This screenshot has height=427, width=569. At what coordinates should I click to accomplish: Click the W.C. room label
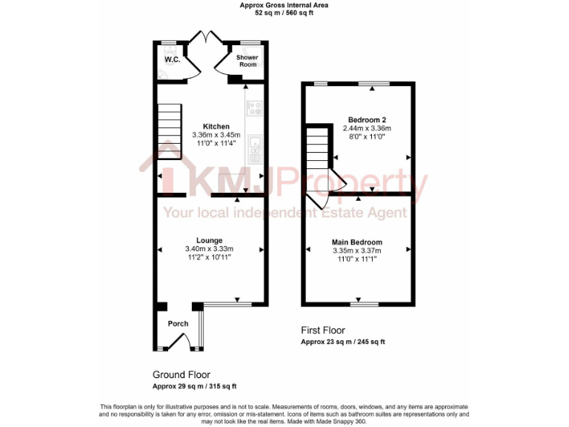[x=172, y=59]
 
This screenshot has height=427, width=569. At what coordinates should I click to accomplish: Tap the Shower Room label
[x=247, y=61]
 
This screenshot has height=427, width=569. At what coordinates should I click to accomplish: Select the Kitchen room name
[x=216, y=127]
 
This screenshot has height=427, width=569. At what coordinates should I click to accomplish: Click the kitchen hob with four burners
[x=254, y=108]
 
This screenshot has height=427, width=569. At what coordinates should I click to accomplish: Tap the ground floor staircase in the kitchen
[x=169, y=130]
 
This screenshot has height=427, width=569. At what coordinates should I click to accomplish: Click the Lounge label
[x=209, y=240]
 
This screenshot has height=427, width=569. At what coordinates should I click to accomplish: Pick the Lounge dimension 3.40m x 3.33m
[x=209, y=248]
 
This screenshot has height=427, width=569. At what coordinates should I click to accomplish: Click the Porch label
[x=178, y=324]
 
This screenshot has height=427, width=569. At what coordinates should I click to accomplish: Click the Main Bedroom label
[x=357, y=242]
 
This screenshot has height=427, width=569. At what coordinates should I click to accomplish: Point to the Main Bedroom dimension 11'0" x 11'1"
[x=357, y=259]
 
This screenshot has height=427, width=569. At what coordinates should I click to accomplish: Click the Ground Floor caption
[x=182, y=374]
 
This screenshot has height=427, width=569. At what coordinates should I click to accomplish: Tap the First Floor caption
[x=322, y=330]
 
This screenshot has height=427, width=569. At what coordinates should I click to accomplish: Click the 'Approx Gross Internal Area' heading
[x=284, y=5]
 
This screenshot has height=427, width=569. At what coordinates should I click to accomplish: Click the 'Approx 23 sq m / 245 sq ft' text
[x=342, y=342]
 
